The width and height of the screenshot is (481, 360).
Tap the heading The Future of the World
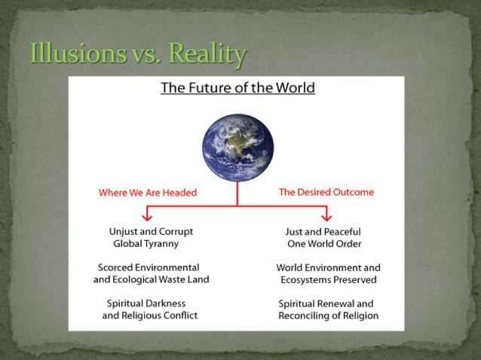[237, 88]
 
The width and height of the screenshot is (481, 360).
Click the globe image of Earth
[237, 143]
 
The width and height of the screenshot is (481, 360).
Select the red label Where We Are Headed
[148, 193]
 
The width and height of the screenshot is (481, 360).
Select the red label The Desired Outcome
[326, 192]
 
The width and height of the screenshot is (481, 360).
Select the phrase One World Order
[324, 244]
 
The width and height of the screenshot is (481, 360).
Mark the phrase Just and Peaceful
[323, 232]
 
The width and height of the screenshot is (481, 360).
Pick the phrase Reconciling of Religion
[328, 316]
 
